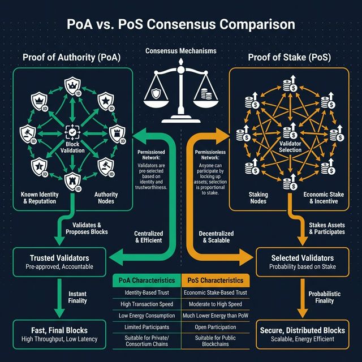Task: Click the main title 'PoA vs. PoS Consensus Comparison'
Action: click(x=181, y=25)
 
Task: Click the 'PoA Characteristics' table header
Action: click(x=146, y=280)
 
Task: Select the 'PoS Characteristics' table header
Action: click(x=214, y=280)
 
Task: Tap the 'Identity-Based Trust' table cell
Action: click(x=146, y=293)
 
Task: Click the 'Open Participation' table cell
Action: click(x=214, y=327)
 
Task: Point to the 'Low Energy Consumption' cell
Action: click(x=146, y=316)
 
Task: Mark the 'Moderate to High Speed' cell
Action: click(x=214, y=304)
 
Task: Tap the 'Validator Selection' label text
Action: click(x=290, y=148)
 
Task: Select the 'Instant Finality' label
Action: click(x=77, y=298)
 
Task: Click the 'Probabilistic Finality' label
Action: click(x=324, y=298)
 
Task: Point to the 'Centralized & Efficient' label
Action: click(x=149, y=236)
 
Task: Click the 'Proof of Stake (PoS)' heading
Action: click(x=289, y=57)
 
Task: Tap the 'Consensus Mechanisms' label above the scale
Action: click(x=181, y=51)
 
